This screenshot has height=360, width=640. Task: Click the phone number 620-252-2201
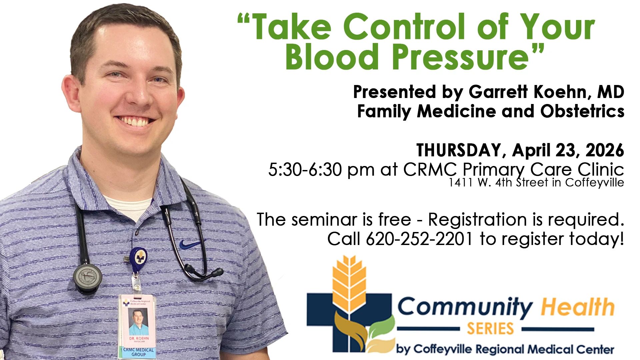pos(419,239)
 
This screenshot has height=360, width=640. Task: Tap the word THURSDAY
pos(459,150)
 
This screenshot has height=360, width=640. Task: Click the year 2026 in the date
pos(605,150)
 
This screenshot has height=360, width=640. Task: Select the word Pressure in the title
pos(460,57)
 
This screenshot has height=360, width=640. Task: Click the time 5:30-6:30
pos(305,170)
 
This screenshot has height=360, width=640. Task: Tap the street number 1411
pos(461,182)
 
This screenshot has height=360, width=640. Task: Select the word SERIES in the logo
pos(490,329)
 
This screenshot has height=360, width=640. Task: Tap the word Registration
pos(477,220)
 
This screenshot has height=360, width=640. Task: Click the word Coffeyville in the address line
pos(595,183)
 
